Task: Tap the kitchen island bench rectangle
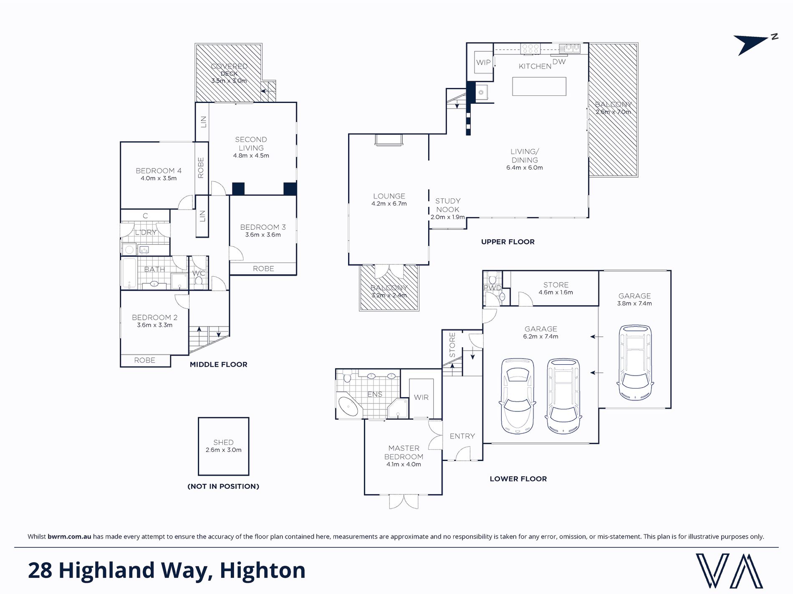tap(539, 86)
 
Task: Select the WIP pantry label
tap(483, 63)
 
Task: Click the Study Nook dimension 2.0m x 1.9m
tap(447, 217)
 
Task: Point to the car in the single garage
tap(634, 363)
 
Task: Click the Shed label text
tap(223, 442)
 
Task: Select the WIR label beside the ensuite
tap(421, 397)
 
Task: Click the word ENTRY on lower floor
tap(462, 436)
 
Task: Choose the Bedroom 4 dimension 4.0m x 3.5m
tap(159, 178)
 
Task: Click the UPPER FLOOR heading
tap(508, 242)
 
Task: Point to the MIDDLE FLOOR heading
tap(218, 364)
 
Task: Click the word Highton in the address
tap(263, 571)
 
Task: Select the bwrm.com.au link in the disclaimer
tap(69, 536)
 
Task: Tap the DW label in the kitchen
tap(559, 62)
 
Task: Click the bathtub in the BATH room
tap(129, 273)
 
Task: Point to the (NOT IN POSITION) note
tap(223, 486)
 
